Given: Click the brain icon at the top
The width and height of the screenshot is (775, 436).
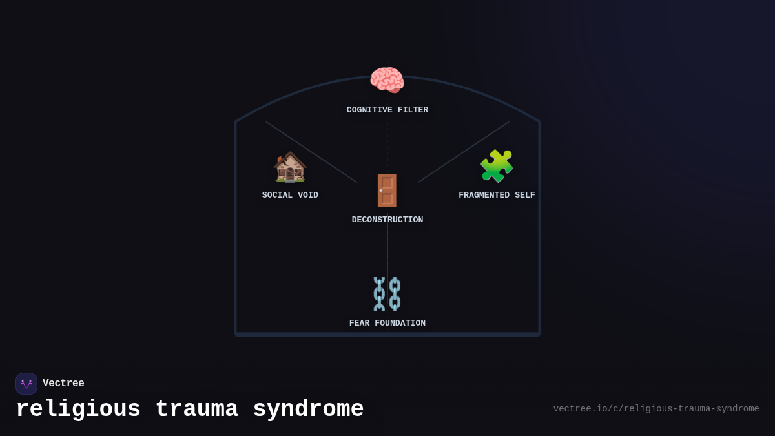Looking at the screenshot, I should [x=387, y=81].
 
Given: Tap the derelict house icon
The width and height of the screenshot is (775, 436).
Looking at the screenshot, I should [x=290, y=167].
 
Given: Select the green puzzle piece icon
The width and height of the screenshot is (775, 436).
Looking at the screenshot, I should [x=497, y=166].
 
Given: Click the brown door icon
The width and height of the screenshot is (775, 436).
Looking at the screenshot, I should [x=387, y=191].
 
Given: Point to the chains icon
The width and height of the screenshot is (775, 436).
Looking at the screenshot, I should [x=387, y=294].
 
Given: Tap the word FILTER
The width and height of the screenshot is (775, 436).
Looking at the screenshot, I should [x=413, y=110].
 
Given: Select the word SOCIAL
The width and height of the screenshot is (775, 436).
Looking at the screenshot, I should [x=277, y=196].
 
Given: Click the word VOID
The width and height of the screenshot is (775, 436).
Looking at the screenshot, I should [x=308, y=196].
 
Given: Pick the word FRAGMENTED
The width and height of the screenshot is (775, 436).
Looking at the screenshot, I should [x=484, y=196].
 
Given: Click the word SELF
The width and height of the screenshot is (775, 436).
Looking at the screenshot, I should [x=525, y=196].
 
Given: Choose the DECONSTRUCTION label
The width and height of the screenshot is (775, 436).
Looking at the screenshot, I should [x=387, y=220].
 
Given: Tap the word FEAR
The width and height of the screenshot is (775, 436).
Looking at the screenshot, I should [x=359, y=324].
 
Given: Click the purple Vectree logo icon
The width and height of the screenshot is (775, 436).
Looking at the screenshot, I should [x=26, y=384].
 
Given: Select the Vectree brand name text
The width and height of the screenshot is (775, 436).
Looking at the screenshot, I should [x=63, y=384].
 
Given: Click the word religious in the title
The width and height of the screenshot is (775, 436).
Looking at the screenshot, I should [x=78, y=410].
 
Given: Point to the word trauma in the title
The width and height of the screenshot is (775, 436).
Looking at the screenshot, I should [x=196, y=410].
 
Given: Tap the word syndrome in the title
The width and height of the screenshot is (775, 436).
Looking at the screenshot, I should [x=308, y=410].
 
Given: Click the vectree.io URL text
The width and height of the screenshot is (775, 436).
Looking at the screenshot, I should [x=656, y=409].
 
